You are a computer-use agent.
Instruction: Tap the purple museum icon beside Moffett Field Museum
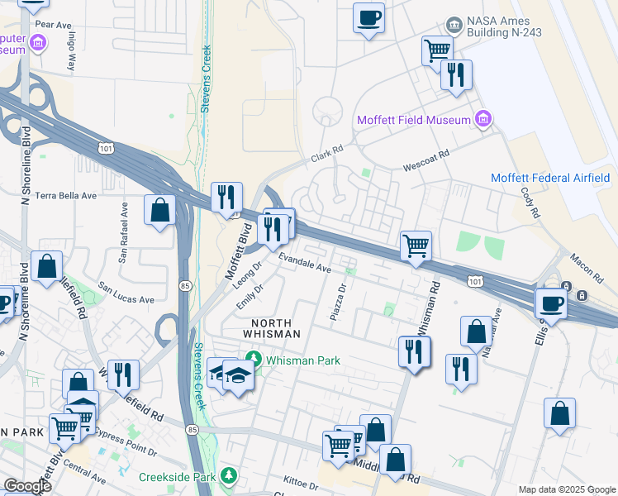coord(483,121)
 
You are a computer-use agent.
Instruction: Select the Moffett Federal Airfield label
coord(549,178)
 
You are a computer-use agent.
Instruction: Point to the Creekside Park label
coord(176,476)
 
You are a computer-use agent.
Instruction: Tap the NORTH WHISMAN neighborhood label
coord(271,327)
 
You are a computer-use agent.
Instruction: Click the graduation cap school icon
coord(238,374)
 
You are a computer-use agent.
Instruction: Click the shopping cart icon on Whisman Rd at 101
coord(416,245)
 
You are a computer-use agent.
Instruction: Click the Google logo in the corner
coord(27,486)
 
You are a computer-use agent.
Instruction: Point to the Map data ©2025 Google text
coord(566,489)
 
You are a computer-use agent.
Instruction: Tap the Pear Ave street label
coord(53,25)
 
